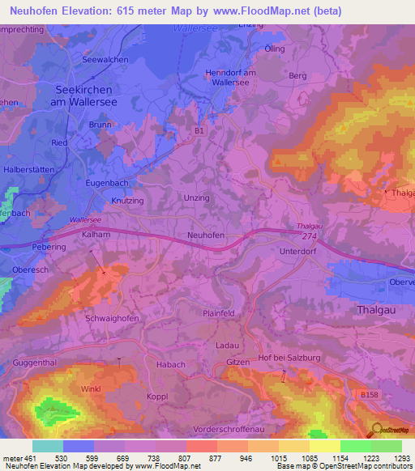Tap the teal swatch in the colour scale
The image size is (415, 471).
click(x=48, y=446)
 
